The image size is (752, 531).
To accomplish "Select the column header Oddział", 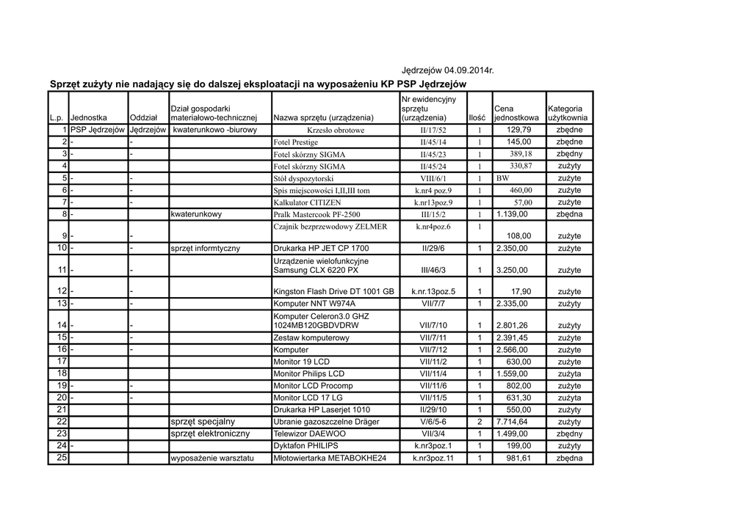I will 143,117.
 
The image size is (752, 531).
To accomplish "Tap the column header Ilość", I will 477,117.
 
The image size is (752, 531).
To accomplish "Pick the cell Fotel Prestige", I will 295,142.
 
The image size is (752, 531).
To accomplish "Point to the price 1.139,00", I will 512,214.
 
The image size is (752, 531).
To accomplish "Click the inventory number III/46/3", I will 433,271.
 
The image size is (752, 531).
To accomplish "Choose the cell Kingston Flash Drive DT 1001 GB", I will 334,292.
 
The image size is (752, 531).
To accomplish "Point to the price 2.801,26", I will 512,325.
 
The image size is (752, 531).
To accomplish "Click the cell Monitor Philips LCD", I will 308,373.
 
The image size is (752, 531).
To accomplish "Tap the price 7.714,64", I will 512,422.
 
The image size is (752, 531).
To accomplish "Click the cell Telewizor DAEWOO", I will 309,433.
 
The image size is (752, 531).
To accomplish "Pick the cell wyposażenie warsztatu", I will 211,458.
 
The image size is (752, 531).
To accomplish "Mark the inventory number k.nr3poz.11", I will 433,458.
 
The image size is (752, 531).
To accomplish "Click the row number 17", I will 62,362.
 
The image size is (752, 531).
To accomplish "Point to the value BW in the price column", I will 502,178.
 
